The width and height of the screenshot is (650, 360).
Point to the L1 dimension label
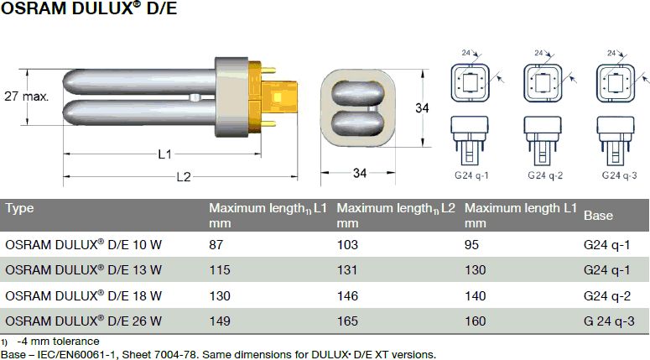pos(165,154)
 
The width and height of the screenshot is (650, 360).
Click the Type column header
pos(19,208)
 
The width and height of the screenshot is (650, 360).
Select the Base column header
pos(598,216)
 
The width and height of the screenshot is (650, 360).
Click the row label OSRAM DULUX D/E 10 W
pos(84,245)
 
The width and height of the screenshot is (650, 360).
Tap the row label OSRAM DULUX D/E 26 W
pos(84,321)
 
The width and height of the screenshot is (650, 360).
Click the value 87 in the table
pos(216,245)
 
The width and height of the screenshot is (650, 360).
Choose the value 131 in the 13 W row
pos(346,270)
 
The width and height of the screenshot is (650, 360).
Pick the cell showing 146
pos(346,295)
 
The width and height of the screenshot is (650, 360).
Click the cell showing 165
pos(346,321)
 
